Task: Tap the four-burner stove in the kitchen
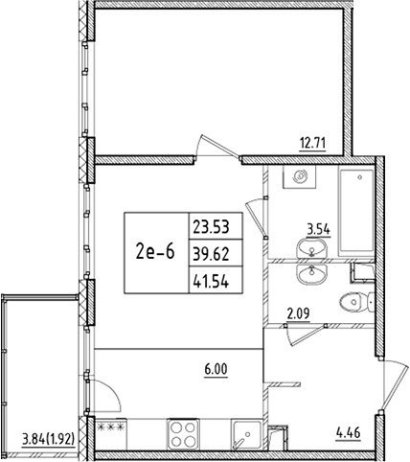coord(181,433)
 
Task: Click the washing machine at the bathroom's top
coord(300,177)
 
